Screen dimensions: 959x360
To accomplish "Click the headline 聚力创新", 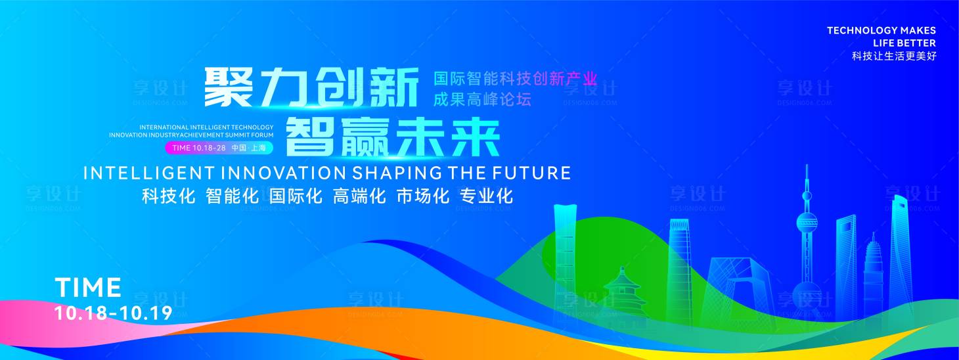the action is point(311,87).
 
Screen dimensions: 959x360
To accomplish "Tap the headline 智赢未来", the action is point(392,137).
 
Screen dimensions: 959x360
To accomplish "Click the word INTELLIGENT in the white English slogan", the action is point(148,173).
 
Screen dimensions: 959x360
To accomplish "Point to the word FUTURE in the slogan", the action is point(531,173).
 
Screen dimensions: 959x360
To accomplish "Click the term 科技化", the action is point(169,196).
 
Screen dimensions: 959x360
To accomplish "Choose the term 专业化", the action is point(486,196).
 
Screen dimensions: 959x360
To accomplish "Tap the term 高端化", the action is point(360,196).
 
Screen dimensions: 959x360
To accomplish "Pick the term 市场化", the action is point(423,196).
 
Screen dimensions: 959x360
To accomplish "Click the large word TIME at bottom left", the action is point(88,287).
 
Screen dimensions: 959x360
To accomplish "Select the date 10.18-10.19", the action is point(114,313).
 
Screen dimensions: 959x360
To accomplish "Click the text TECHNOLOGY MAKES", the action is point(881,30).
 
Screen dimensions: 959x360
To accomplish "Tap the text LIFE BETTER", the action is point(904,43).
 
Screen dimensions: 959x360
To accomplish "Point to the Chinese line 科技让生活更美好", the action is point(895,56).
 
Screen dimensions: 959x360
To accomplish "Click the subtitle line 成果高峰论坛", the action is point(482,99).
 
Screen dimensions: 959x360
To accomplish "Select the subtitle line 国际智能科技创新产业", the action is point(515,78).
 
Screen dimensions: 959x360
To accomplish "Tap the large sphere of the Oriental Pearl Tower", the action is point(807,223).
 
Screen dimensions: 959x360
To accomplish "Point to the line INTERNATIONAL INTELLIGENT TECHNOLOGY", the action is point(206,127).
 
